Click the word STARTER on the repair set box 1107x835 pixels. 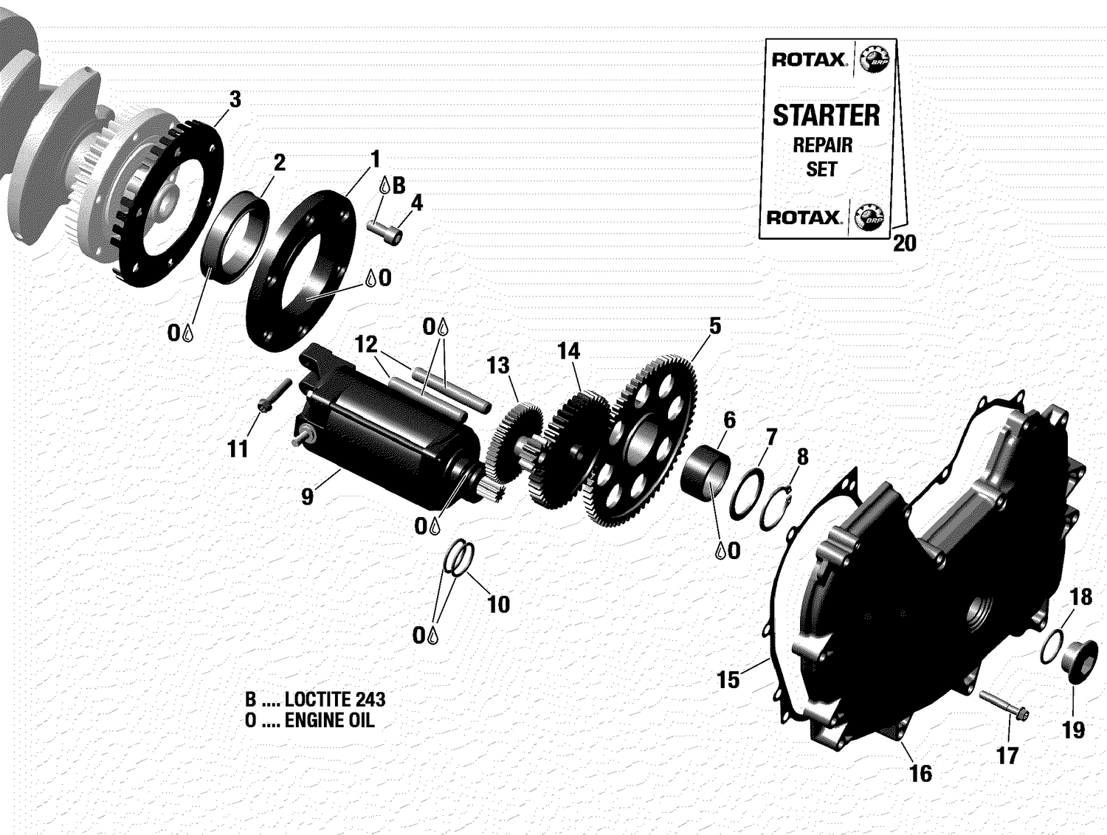826,116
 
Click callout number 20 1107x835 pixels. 904,243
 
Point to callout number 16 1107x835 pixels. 920,773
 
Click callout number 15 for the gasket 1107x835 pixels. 728,679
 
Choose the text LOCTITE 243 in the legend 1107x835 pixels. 335,699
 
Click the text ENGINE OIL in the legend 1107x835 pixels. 329,721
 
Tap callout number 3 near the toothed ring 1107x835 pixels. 235,99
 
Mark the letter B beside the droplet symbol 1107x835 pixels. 399,186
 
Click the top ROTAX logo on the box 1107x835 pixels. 808,60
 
